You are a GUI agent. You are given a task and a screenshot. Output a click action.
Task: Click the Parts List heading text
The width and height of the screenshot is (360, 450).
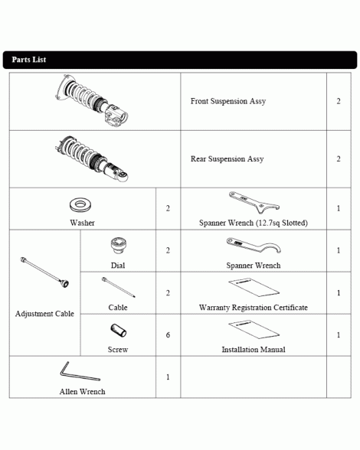[29, 60]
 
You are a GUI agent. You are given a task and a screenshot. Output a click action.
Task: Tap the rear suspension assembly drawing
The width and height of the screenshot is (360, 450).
[92, 158]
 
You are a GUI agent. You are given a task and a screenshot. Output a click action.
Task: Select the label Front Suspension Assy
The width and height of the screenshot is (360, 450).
[228, 101]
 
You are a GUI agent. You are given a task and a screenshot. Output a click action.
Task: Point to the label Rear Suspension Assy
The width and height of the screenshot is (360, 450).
[227, 159]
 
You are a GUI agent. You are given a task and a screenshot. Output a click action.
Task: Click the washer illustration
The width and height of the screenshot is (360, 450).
[80, 204]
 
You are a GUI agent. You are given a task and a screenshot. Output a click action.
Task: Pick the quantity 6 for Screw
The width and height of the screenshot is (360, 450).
[168, 335]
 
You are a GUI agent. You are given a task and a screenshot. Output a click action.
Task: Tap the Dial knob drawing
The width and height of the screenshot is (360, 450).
[119, 246]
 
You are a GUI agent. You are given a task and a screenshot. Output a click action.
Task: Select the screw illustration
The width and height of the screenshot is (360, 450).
[119, 331]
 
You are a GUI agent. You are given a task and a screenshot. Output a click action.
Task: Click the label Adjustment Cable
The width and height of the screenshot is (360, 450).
[44, 314]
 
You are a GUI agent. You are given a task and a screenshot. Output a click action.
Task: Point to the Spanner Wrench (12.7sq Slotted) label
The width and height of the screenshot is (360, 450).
[254, 223]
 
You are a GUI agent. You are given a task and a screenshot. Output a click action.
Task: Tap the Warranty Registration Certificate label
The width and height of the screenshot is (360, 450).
[254, 308]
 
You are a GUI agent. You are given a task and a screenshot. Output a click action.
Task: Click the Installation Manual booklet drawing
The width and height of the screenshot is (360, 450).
[254, 329]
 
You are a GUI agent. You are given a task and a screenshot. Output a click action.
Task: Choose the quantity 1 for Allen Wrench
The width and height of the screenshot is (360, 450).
[168, 377]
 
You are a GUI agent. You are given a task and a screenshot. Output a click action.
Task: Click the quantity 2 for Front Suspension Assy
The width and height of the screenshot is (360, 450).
[339, 101]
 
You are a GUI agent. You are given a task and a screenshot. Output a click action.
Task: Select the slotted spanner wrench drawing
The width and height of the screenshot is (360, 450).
[254, 203]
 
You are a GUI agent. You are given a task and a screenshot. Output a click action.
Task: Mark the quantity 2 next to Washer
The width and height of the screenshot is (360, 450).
[168, 208]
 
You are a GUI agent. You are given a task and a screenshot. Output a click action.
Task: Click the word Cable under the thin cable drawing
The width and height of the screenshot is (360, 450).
[118, 308]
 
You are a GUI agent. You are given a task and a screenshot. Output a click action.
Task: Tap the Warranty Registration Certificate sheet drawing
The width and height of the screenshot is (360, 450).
[254, 287]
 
